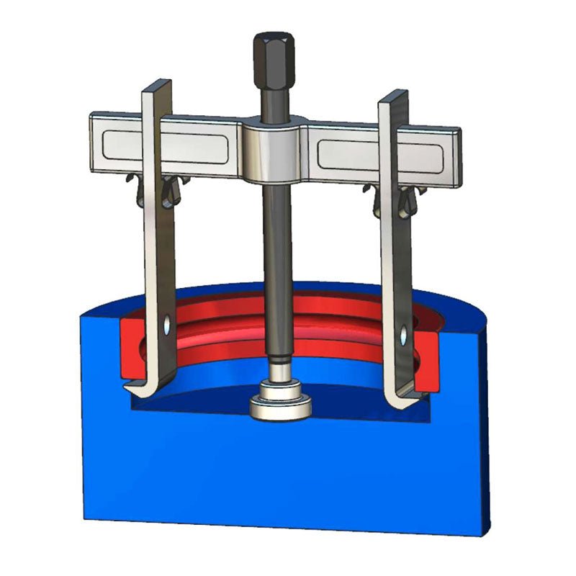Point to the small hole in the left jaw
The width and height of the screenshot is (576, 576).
167,325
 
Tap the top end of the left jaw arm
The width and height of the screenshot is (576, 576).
157,86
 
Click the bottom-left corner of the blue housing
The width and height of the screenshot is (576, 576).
84,518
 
